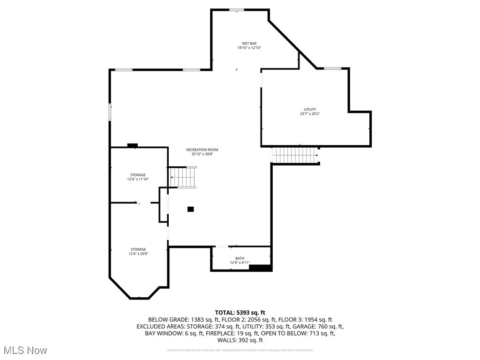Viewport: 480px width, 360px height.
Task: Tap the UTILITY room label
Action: [310, 110]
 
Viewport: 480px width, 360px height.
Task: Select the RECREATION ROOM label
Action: [202, 150]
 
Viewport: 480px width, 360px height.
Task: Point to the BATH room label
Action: [240, 258]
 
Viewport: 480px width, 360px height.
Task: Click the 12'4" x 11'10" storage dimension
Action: [138, 179]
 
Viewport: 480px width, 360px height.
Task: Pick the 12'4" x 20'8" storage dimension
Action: [138, 254]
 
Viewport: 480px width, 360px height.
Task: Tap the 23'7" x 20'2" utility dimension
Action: [310, 114]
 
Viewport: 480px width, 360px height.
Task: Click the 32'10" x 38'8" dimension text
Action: [202, 154]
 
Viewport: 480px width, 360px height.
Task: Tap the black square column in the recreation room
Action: [190, 209]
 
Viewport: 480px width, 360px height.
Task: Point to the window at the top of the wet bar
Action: [236, 9]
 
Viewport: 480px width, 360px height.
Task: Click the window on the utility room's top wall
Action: [332, 68]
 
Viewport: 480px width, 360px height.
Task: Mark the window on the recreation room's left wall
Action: [110, 112]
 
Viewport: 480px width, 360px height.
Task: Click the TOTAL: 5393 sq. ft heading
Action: [240, 313]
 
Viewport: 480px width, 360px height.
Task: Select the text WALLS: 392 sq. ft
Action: [240, 340]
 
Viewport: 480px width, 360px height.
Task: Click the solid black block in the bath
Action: [260, 268]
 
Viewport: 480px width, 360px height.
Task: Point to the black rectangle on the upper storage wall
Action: [132, 145]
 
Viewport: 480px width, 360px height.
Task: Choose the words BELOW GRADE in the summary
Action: [164, 320]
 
